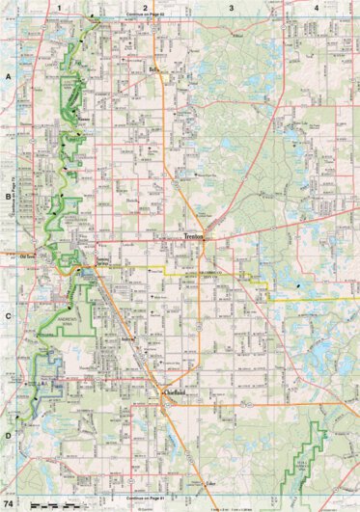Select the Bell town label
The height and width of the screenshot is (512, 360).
(152, 70)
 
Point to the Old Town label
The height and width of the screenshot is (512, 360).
(31, 256)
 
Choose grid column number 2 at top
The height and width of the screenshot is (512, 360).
(145, 7)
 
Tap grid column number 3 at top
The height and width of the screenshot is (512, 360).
(231, 7)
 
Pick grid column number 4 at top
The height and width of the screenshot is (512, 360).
(318, 7)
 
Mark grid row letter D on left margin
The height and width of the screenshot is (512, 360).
(7, 435)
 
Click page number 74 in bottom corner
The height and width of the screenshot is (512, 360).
(9, 504)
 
